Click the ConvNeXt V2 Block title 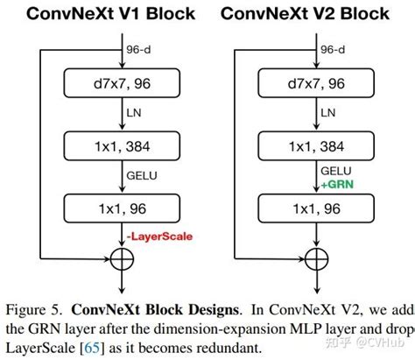pyautogui.click(x=306, y=14)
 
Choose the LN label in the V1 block pyautogui.click(x=130, y=114)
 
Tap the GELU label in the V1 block pyautogui.click(x=138, y=178)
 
